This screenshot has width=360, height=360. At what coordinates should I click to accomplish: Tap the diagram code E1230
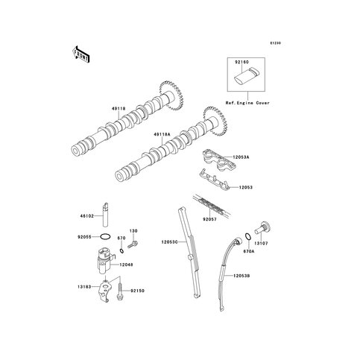tap(278, 31)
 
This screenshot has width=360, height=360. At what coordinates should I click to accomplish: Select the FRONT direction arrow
tap(80, 54)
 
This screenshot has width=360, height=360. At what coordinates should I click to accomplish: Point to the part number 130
tap(135, 231)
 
